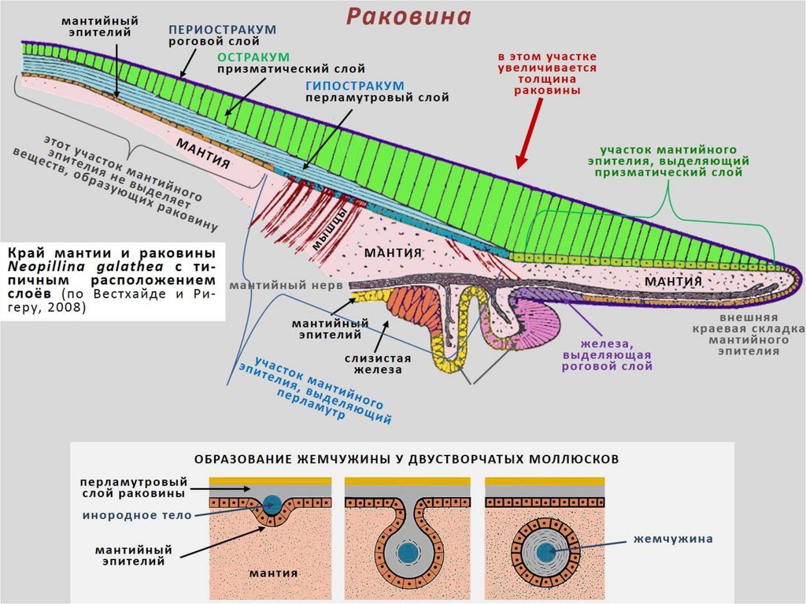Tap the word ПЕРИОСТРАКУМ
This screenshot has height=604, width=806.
223,29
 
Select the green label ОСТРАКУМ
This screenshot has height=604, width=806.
253,57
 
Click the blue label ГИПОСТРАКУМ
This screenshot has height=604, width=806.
356,85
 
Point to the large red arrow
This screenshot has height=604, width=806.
531,134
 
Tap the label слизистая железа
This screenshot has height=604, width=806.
372,363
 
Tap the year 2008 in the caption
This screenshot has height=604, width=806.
72,308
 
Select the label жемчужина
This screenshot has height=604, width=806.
673,539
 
